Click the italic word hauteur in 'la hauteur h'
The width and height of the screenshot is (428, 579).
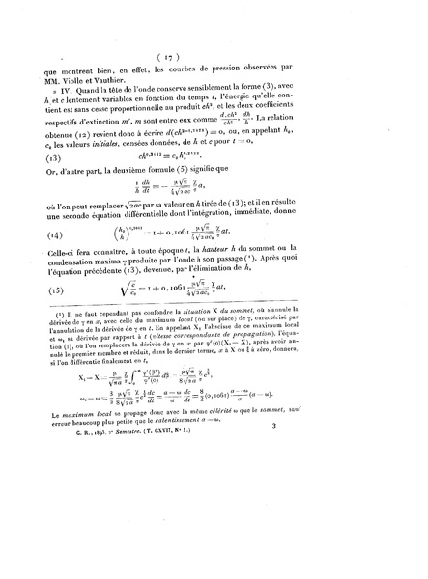[x=257, y=287]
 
